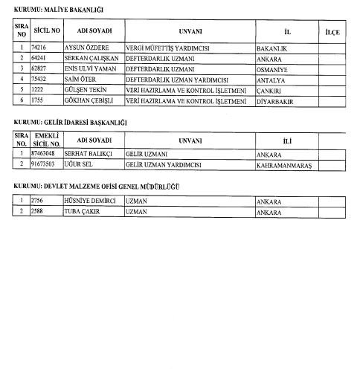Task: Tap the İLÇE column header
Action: [x=334, y=32]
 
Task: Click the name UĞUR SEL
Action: [x=80, y=164]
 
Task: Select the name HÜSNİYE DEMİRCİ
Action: [x=91, y=201]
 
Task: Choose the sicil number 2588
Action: [x=39, y=212]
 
